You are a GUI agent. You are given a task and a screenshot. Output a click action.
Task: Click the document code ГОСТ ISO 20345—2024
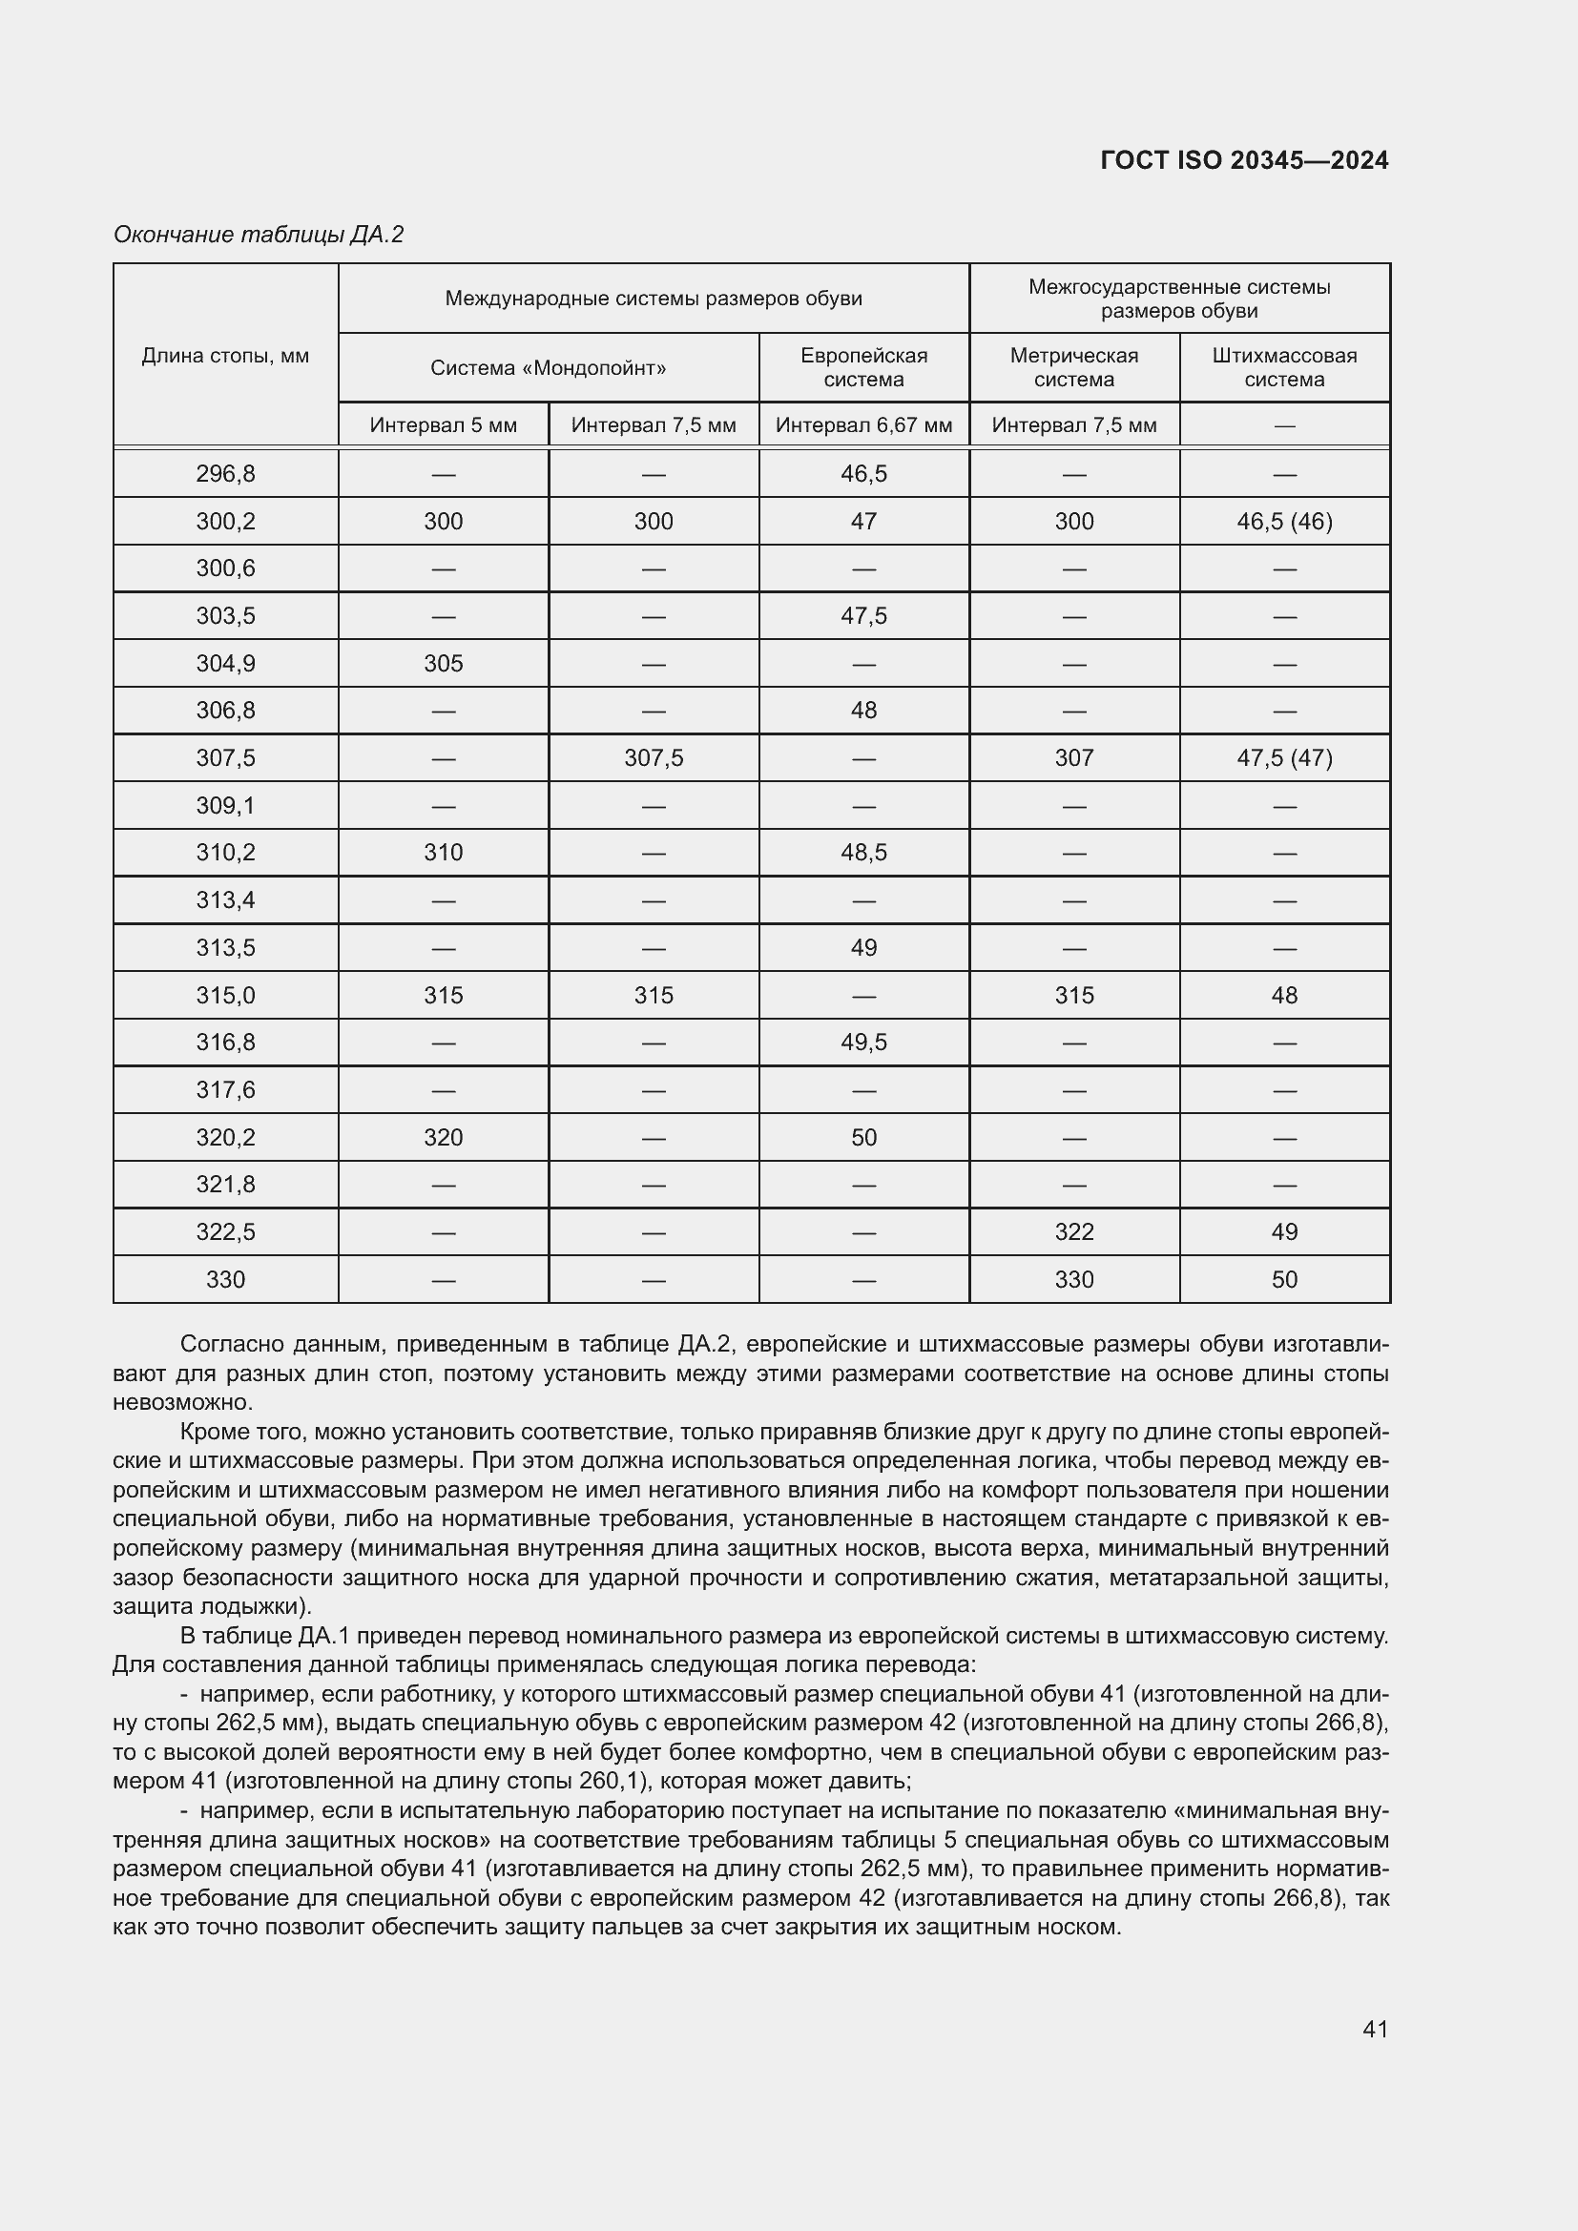pos(1244,160)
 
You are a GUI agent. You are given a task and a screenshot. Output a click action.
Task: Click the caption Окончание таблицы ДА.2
pos(259,235)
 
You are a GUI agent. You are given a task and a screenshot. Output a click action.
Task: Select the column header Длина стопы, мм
pos(225,356)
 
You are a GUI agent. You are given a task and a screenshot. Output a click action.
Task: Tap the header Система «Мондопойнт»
pos(548,368)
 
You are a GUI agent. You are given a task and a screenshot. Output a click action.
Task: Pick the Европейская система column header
pos(863,367)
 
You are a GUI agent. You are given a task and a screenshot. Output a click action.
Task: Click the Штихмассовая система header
pos(1283,367)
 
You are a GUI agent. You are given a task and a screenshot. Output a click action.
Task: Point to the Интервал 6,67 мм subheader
pos(863,425)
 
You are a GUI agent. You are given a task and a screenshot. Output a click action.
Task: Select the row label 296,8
pos(225,474)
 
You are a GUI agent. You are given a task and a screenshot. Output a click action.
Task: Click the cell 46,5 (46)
pos(1283,522)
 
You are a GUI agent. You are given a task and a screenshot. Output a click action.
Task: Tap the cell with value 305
pos(443,664)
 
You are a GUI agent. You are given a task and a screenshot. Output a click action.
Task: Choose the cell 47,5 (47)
pos(1283,758)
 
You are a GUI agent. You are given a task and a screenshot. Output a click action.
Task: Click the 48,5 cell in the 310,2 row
pos(863,853)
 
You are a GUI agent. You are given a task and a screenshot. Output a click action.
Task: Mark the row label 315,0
pos(225,995)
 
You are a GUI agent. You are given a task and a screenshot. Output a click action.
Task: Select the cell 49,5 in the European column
pos(863,1043)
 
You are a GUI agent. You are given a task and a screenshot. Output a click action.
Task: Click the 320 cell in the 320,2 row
pos(443,1138)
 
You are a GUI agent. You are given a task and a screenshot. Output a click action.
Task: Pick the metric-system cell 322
pos(1073,1232)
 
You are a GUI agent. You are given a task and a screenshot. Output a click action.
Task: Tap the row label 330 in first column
pos(225,1280)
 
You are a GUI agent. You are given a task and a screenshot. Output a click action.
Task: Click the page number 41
pos(1375,2029)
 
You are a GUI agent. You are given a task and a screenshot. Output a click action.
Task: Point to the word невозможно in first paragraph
pos(181,1402)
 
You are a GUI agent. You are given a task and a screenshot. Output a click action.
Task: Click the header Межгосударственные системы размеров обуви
pos(1178,299)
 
